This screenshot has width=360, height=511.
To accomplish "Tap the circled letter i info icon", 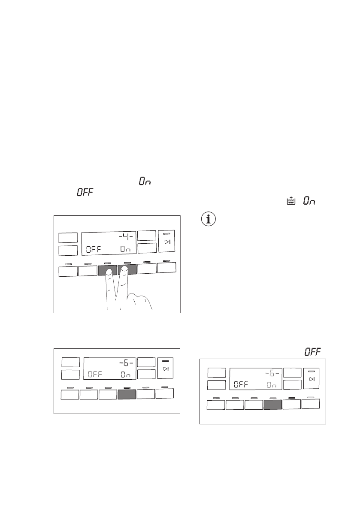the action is coord(209,220).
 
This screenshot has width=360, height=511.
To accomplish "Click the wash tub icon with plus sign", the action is coord(291,201).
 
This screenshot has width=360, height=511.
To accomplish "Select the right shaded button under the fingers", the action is coord(127,269).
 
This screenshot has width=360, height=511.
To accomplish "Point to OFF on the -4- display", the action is coord(93,249).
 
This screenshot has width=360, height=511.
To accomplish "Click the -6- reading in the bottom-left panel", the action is coord(128,363).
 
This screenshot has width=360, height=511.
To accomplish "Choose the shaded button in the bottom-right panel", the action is coord(272,405).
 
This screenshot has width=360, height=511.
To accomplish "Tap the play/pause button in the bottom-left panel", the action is coord(166,368).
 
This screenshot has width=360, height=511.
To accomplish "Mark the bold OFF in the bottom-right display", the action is coord(241,384).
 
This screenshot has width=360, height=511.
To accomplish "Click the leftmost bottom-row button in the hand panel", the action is coord(68,271).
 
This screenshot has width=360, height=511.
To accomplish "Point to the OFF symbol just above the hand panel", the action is coord(85,194).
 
